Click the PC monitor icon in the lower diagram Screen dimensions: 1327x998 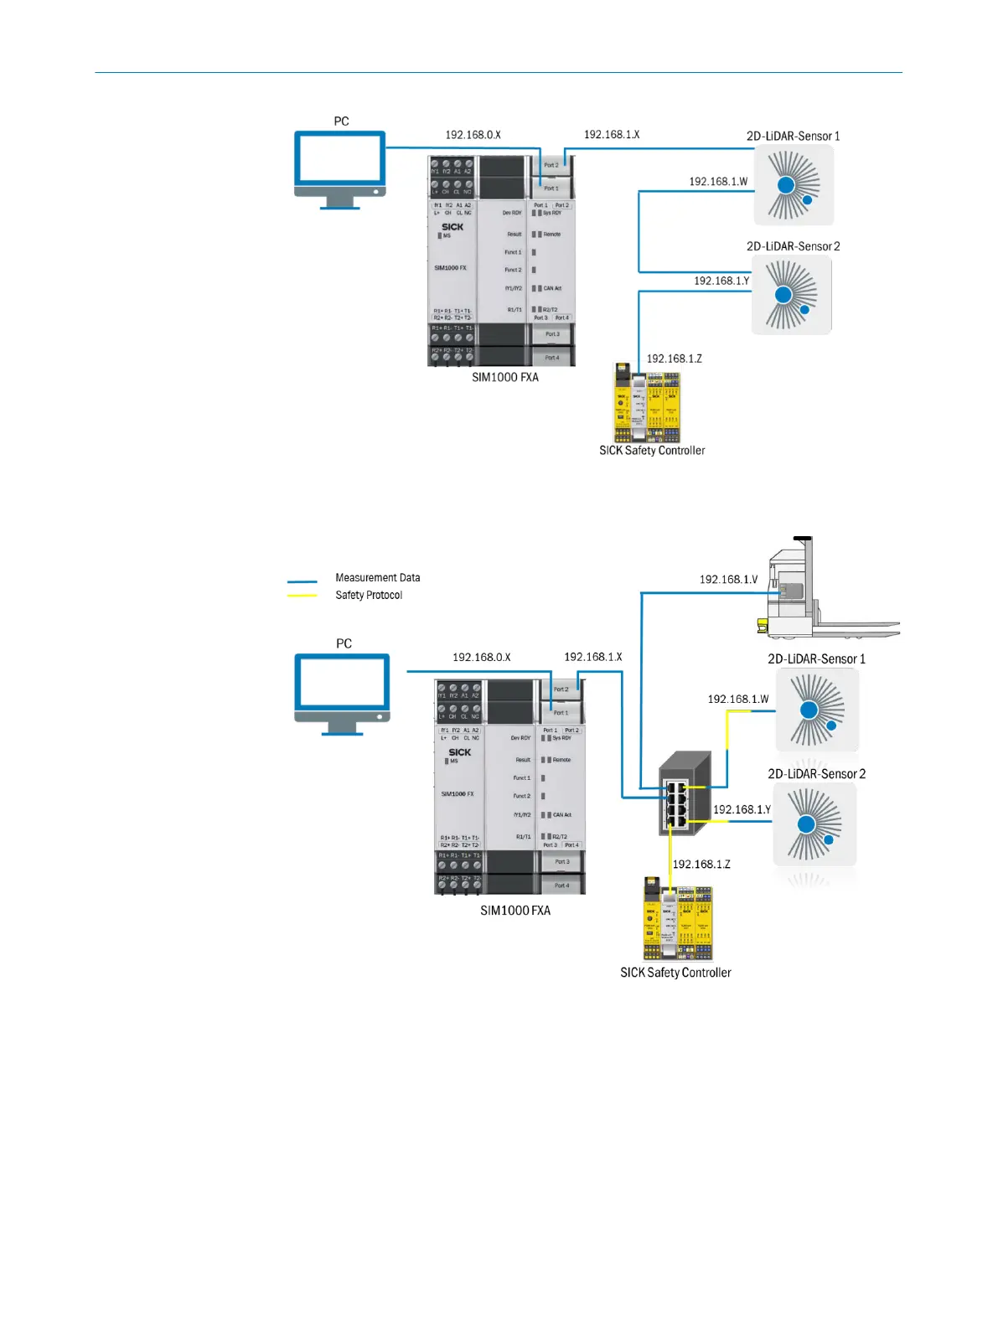(x=342, y=692)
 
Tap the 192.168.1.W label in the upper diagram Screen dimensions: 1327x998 (x=718, y=182)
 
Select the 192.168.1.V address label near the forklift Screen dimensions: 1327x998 (x=728, y=580)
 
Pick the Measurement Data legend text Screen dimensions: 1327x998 (x=377, y=578)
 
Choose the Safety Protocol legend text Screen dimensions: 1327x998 (x=369, y=596)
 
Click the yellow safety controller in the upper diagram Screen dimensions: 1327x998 (x=647, y=402)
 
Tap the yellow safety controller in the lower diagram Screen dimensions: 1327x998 (x=678, y=918)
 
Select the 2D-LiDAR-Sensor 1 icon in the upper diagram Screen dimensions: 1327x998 (x=794, y=185)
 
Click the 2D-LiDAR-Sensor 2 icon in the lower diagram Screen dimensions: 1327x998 (x=814, y=825)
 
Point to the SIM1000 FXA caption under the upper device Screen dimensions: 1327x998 (x=505, y=378)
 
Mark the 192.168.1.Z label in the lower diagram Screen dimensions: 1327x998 (x=701, y=865)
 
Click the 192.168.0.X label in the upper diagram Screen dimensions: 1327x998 (x=473, y=135)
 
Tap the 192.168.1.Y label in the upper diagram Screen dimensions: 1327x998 (x=721, y=281)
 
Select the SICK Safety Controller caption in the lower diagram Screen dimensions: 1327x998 (x=675, y=973)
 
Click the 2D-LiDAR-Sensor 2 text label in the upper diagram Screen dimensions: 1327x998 (x=793, y=246)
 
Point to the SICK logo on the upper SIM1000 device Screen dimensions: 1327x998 (x=452, y=227)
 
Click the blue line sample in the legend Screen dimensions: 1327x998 (x=302, y=581)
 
